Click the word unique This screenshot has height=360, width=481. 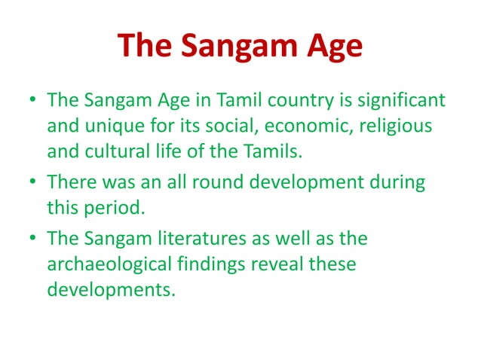(103, 126)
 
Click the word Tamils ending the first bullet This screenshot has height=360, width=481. (268, 151)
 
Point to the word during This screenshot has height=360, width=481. (397, 182)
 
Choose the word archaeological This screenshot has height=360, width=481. (124, 264)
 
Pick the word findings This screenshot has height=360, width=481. (243, 264)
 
